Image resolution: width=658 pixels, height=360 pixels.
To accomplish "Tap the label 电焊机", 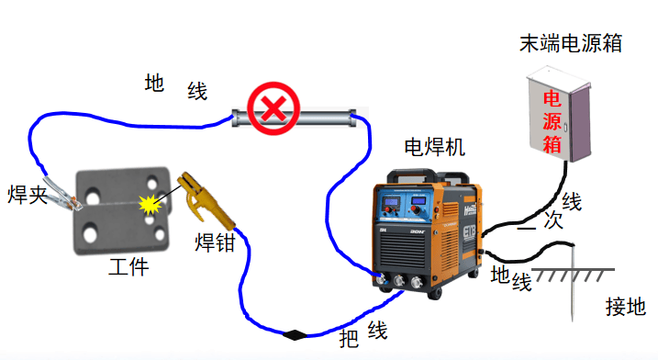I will (x=435, y=146).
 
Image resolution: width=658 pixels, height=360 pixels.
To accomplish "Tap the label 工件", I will (x=128, y=268).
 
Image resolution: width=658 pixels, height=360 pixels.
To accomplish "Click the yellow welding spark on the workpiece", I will (x=149, y=204).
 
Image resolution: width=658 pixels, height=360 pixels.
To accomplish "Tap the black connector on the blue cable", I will (x=296, y=334).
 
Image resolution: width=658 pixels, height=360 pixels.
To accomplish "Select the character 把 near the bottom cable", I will (x=350, y=339).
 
